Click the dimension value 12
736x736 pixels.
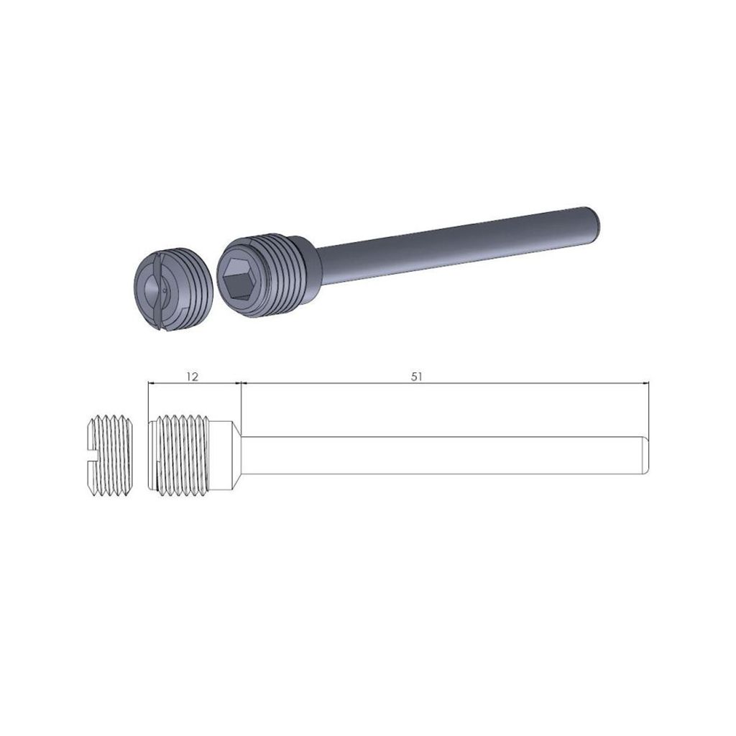191,376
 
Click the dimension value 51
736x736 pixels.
416,376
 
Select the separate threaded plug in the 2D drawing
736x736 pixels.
109,454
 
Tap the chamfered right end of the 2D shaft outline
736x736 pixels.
646,454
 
